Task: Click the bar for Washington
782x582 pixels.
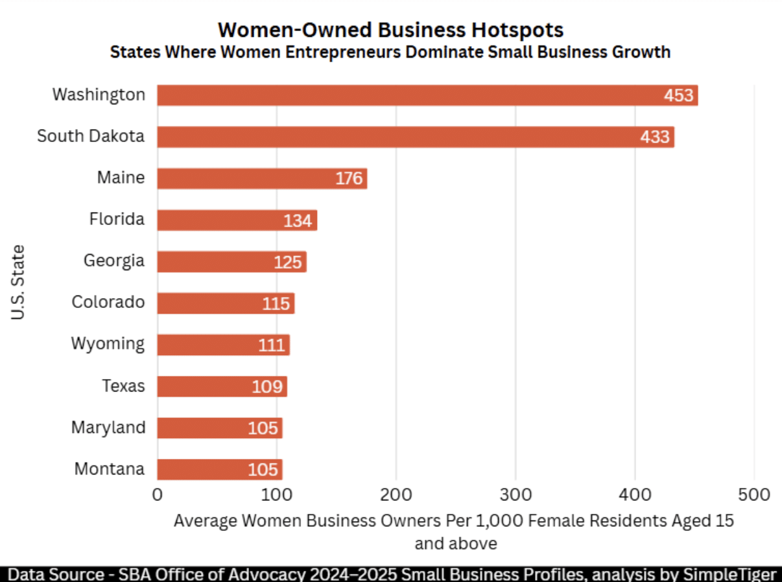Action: point(415,95)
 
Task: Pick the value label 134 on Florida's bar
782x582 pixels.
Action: point(298,221)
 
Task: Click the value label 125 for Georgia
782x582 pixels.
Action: point(288,262)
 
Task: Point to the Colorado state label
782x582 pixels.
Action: point(108,302)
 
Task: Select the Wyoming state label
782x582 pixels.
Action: point(108,343)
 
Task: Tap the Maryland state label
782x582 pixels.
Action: point(108,427)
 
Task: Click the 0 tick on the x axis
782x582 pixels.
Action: point(157,495)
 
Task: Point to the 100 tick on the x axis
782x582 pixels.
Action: point(276,495)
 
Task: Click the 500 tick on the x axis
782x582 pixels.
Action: point(754,495)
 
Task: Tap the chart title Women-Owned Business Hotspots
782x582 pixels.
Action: point(390,30)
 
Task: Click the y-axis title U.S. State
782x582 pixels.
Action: point(19,282)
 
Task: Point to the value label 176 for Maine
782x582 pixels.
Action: point(349,179)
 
